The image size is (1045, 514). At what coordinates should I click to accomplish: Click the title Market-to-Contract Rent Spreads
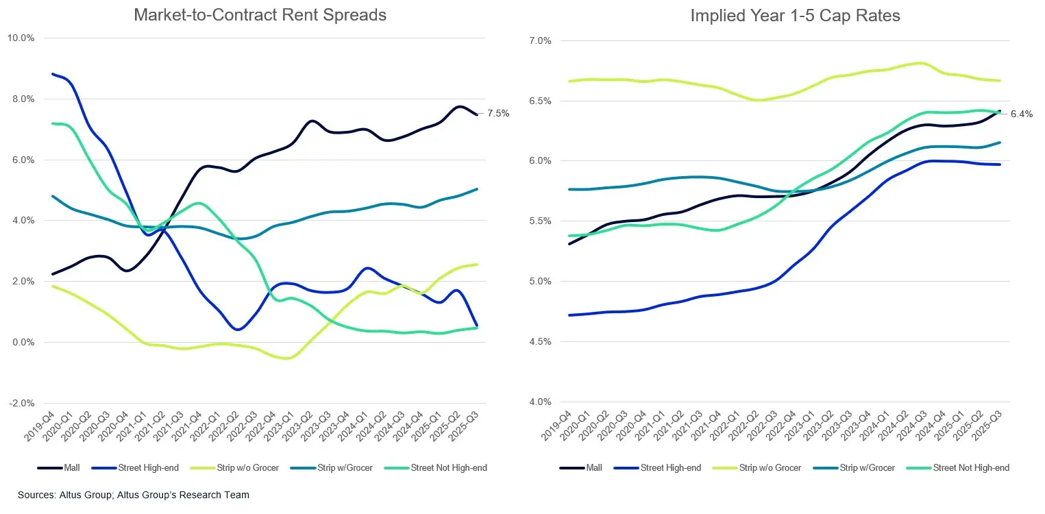260,14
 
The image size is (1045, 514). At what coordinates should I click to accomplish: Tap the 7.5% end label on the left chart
498,114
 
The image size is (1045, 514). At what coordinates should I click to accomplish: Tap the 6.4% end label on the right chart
1021,114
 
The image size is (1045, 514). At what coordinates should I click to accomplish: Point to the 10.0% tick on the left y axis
21,38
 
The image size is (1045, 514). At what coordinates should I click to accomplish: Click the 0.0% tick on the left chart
22,342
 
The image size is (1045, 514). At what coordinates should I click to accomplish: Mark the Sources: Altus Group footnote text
134,495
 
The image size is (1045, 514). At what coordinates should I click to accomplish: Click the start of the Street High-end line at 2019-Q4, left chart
52,74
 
